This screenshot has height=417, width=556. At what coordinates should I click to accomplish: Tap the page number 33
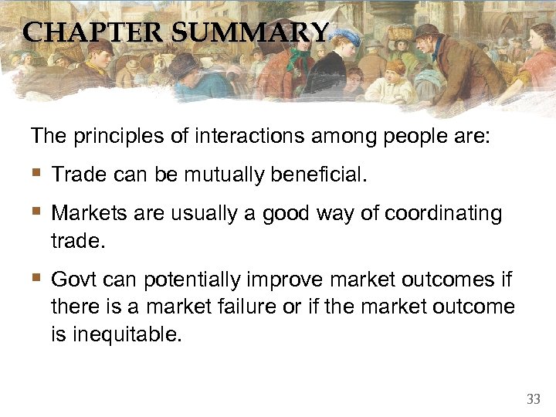(533, 399)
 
